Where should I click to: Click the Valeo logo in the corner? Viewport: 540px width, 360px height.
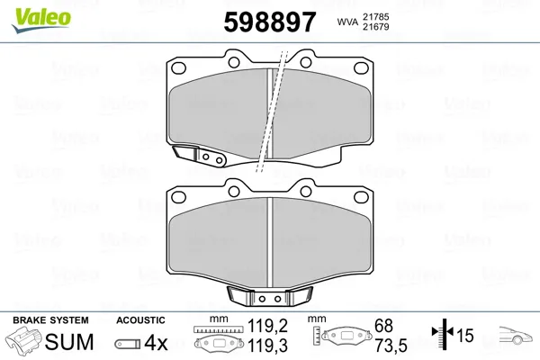[41, 21]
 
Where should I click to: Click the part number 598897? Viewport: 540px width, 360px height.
[270, 22]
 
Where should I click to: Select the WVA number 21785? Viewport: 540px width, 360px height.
[375, 17]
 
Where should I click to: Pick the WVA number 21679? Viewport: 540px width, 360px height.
[375, 27]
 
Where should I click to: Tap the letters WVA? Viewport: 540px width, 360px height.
[347, 22]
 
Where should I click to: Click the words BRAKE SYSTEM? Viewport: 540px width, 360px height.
[50, 320]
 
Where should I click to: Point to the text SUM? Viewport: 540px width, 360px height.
[69, 342]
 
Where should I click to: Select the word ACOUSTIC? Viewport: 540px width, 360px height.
[140, 320]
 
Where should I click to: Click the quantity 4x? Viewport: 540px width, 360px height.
[156, 343]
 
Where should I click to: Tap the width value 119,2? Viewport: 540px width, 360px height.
[267, 326]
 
